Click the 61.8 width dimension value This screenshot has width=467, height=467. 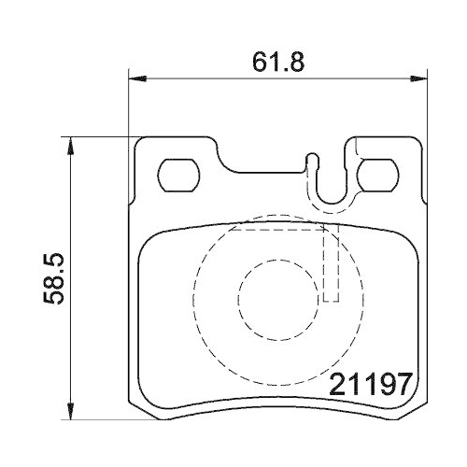[278, 62]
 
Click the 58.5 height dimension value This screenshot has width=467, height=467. [53, 278]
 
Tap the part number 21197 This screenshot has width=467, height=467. [371, 384]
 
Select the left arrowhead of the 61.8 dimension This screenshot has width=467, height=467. [137, 78]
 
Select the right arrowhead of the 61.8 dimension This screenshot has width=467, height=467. [418, 78]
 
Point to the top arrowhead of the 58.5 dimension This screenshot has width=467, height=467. [71, 146]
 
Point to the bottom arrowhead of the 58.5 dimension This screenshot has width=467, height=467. [71, 411]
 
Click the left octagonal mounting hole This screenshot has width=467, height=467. [178, 175]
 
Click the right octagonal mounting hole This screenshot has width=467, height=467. [378, 175]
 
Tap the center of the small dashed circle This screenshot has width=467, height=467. [278, 300]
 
